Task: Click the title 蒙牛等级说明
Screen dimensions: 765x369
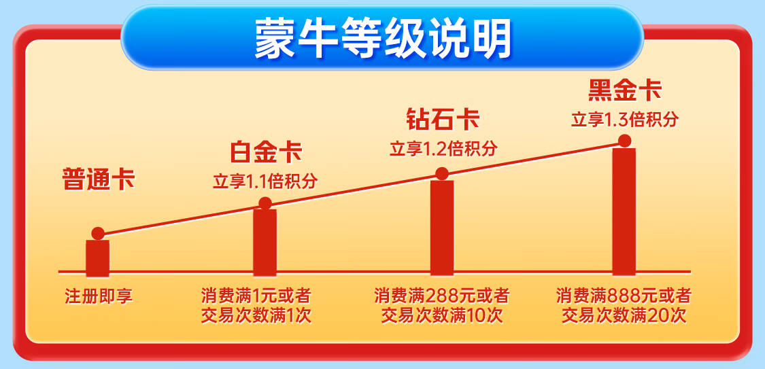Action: [382, 39]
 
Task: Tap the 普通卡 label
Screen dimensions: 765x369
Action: [98, 179]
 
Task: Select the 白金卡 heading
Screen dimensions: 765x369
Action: [267, 153]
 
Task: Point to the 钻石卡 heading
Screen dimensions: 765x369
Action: [443, 120]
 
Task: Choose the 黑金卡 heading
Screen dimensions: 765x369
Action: [624, 90]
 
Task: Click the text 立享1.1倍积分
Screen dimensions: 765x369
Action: [265, 181]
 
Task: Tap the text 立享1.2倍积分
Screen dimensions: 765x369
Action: [443, 148]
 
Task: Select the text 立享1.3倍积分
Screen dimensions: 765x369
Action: [624, 119]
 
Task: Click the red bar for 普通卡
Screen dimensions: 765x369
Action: [97, 258]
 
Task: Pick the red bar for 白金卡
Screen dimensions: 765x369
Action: [265, 243]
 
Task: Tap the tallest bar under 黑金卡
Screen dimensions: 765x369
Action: [624, 212]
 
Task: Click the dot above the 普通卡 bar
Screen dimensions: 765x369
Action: [97, 234]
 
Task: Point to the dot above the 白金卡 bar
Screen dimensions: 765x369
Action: [265, 203]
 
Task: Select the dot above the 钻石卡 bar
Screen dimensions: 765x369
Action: [442, 173]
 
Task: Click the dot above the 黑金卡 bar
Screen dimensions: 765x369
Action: [624, 141]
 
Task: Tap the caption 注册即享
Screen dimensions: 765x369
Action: [99, 296]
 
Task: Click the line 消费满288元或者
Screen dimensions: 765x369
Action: [442, 296]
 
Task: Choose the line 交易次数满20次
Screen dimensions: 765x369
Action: [624, 316]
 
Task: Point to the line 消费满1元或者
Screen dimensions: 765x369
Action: [256, 296]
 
